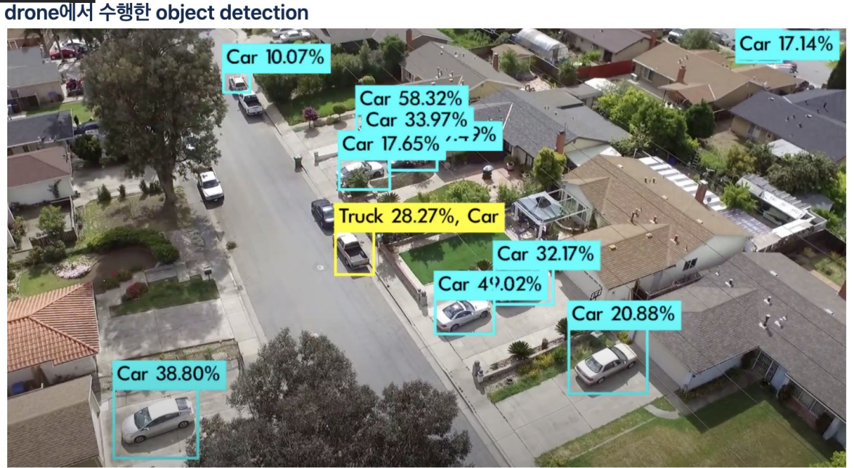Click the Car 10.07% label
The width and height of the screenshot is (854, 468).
coord(276,58)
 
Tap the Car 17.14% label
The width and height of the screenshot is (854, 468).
coord(787,44)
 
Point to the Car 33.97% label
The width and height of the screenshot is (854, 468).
coord(416,120)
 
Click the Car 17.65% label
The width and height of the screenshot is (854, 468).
coord(391,144)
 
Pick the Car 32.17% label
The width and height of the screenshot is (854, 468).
coord(546,255)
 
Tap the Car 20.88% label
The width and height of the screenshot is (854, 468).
coord(623,314)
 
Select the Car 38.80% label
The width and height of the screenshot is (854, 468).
coord(168,374)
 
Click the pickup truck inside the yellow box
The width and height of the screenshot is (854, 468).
coord(353,251)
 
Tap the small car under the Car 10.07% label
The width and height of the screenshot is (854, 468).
coord(237,83)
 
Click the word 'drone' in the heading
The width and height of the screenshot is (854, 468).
coord(30,12)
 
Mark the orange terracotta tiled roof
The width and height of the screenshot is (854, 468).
coord(51,327)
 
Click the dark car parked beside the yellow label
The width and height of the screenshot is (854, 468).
coord(322,213)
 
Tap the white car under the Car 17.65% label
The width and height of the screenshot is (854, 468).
coord(363,173)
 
